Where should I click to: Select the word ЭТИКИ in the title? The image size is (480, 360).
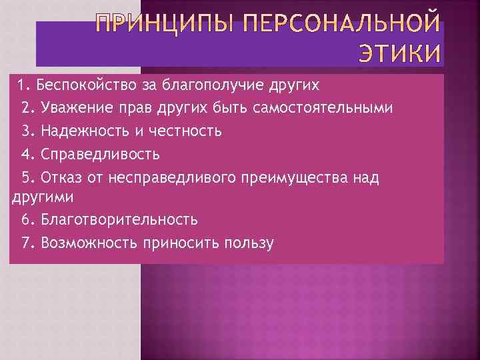click(400, 54)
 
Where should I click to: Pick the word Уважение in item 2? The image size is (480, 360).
click(75, 108)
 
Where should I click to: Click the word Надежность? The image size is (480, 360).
click(87, 131)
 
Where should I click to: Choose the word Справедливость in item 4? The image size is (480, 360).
click(100, 154)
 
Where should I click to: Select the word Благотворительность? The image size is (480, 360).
click(119, 219)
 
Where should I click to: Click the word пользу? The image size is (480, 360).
click(250, 243)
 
